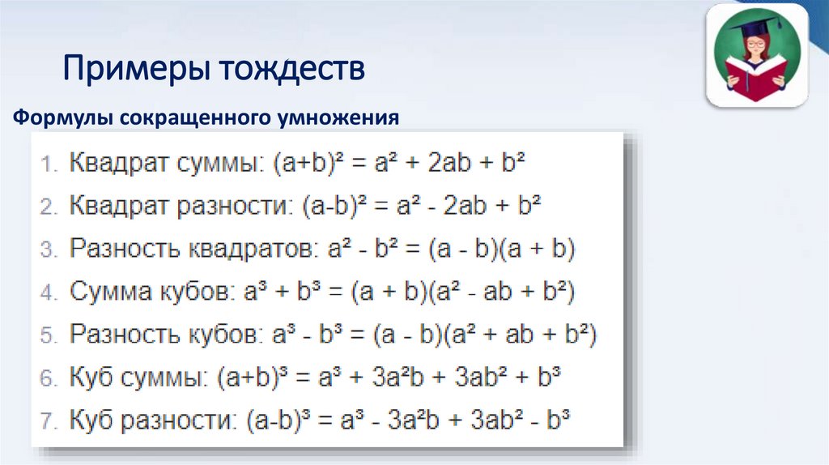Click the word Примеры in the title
[x=130, y=69]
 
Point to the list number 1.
[x=48, y=163]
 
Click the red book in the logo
[x=758, y=78]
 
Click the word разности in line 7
[x=175, y=420]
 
